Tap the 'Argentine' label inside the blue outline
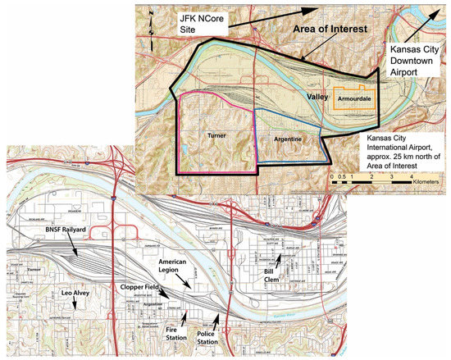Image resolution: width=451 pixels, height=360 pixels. click(288, 141)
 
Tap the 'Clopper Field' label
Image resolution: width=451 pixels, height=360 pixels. click(136, 289)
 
